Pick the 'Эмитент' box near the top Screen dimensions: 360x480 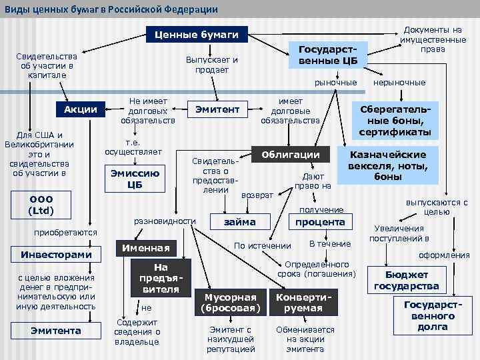click(217, 109)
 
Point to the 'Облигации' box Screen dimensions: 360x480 click(291, 155)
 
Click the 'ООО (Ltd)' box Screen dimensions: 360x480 click(41, 205)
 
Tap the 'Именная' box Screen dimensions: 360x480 click(143, 249)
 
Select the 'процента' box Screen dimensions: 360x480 click(319, 221)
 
